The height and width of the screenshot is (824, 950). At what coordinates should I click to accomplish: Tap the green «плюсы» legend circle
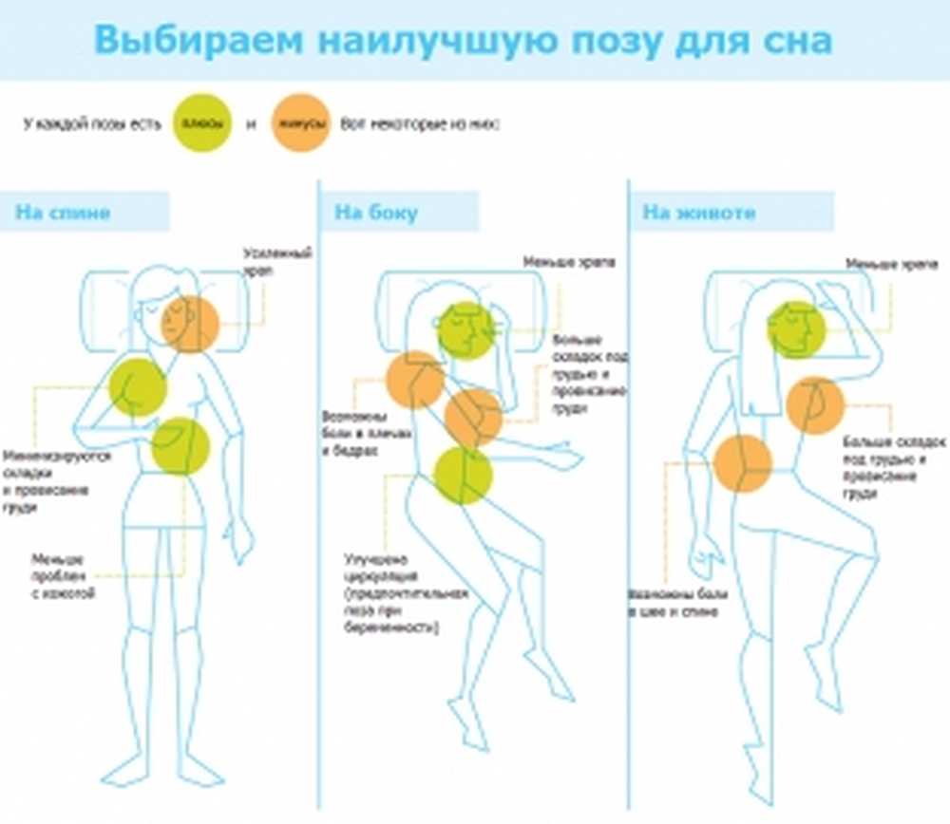[202, 123]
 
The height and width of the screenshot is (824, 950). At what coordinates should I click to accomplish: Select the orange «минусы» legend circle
[301, 124]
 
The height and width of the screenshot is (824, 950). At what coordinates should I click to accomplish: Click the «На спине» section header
[63, 212]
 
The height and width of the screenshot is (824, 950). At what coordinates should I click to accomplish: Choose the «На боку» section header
[376, 212]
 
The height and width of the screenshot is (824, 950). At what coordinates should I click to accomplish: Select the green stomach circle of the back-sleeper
[180, 446]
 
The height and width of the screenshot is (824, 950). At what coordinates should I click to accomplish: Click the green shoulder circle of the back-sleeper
[138, 387]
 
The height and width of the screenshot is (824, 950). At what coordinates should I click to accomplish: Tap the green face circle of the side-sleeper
[466, 330]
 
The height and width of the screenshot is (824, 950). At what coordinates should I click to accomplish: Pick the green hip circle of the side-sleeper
[463, 475]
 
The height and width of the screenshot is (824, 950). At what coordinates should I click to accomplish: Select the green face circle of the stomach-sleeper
[796, 329]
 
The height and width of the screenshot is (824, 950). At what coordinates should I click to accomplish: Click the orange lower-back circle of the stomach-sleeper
[743, 463]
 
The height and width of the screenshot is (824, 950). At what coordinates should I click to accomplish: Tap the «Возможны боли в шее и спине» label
[677, 604]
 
